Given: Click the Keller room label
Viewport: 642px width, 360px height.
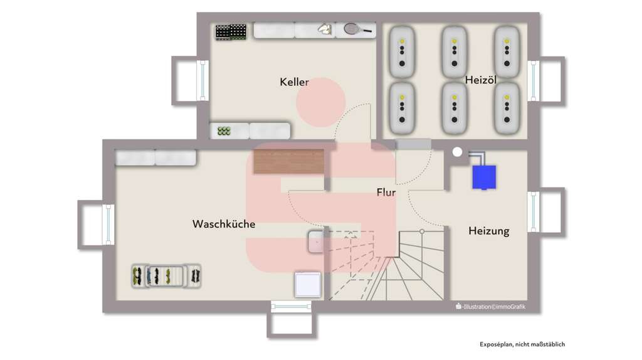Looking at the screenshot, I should point(294,82).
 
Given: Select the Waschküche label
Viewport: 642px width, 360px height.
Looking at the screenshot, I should point(224,224).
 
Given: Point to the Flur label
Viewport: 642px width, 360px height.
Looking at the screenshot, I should point(386,193).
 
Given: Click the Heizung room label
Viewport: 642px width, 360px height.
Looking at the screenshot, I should point(488,231).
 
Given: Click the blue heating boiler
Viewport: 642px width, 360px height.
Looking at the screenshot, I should point(485,176).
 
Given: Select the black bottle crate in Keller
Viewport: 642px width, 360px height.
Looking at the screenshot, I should point(231,31).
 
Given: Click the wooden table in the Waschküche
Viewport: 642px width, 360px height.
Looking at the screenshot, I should point(288,161).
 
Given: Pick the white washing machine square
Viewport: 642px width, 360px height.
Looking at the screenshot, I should point(308,285).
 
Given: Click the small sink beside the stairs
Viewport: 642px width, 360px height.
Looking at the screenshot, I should point(316,241).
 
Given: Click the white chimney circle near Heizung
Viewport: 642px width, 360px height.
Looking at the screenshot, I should point(457,152).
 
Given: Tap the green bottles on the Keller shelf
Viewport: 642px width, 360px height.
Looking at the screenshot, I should point(224,131).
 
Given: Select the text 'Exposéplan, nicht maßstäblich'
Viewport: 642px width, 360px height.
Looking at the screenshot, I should point(522,344).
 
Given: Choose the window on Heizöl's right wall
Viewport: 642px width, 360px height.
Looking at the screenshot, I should point(533,80).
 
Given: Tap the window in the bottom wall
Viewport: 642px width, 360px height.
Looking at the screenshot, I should point(291,306).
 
